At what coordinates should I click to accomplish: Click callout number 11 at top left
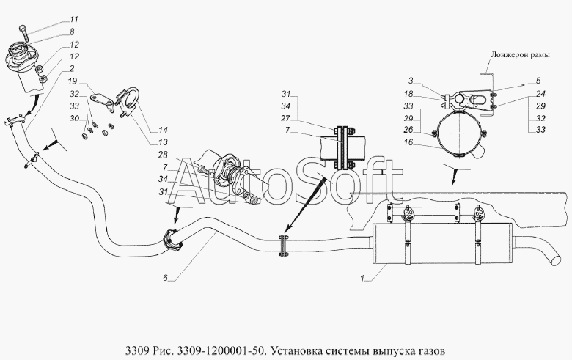tap(74, 19)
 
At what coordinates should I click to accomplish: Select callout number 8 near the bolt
tap(72, 32)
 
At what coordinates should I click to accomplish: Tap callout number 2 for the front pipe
tap(72, 68)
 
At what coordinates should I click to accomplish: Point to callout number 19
tap(72, 81)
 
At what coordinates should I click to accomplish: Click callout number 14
tap(163, 130)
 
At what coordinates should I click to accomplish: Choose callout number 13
tap(163, 142)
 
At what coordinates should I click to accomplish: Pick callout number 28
tap(163, 155)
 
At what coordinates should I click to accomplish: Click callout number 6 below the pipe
tap(165, 278)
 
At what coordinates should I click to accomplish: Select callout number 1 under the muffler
tap(362, 279)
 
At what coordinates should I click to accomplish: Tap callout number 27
tap(286, 118)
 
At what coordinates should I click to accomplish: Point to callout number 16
tap(408, 142)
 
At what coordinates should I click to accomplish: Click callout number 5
tap(538, 81)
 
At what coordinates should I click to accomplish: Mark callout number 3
tap(411, 81)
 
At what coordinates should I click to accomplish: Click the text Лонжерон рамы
tap(520, 55)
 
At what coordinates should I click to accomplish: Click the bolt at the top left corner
tap(25, 32)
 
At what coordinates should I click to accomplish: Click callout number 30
tap(74, 118)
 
